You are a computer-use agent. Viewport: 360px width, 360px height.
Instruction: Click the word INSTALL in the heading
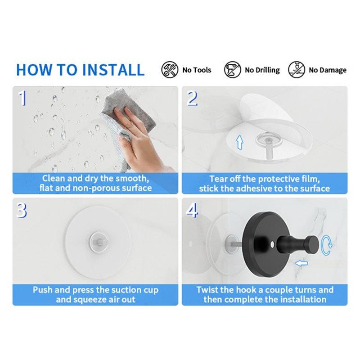[x=113, y=70]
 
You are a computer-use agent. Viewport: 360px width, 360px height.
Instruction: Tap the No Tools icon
[x=170, y=70]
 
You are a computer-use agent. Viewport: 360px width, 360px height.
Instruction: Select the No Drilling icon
[x=233, y=70]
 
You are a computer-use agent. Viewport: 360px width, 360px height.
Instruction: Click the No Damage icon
[x=297, y=70]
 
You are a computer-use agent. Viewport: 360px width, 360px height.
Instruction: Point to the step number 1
[x=22, y=98]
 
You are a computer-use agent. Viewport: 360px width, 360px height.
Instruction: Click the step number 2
[x=192, y=98]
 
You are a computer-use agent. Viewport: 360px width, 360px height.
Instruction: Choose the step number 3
[x=22, y=210]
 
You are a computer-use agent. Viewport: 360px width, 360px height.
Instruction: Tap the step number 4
[x=192, y=210]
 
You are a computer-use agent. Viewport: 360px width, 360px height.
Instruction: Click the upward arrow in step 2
[x=240, y=142]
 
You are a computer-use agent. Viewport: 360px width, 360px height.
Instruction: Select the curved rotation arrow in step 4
[x=326, y=245]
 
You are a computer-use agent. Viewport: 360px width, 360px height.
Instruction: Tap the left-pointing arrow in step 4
[x=301, y=263]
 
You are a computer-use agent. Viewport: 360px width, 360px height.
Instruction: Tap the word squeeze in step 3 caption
[x=91, y=300]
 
